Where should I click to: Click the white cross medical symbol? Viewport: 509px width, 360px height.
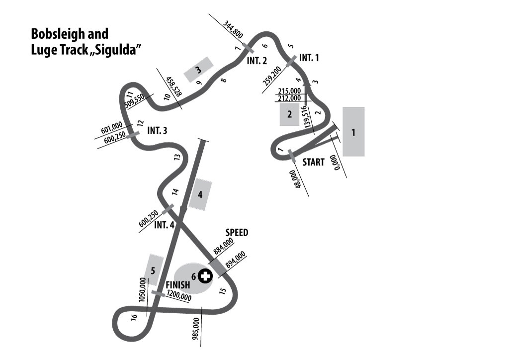205,276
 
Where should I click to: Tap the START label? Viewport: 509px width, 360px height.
313,162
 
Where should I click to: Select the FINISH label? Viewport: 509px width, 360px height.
177,285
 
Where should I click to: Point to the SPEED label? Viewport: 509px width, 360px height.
237,232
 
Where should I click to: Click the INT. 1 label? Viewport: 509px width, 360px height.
309,58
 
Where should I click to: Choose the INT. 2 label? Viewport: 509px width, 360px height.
257,61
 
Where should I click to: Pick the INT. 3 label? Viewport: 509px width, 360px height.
157,130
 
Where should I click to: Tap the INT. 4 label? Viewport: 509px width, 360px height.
164,225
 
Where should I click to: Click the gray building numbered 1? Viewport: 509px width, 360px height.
353,132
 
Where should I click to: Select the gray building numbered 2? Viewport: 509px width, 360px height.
290,114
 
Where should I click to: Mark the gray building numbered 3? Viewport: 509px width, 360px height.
199,70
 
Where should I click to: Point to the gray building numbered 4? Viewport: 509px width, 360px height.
200,194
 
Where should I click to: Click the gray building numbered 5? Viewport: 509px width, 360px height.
154,270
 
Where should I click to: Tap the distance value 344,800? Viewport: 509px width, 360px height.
233,29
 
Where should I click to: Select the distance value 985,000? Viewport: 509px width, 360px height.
196,329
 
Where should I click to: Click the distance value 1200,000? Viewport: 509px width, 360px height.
179,295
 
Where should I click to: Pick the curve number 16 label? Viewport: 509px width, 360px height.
134,317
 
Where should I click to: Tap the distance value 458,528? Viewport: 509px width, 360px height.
173,87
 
